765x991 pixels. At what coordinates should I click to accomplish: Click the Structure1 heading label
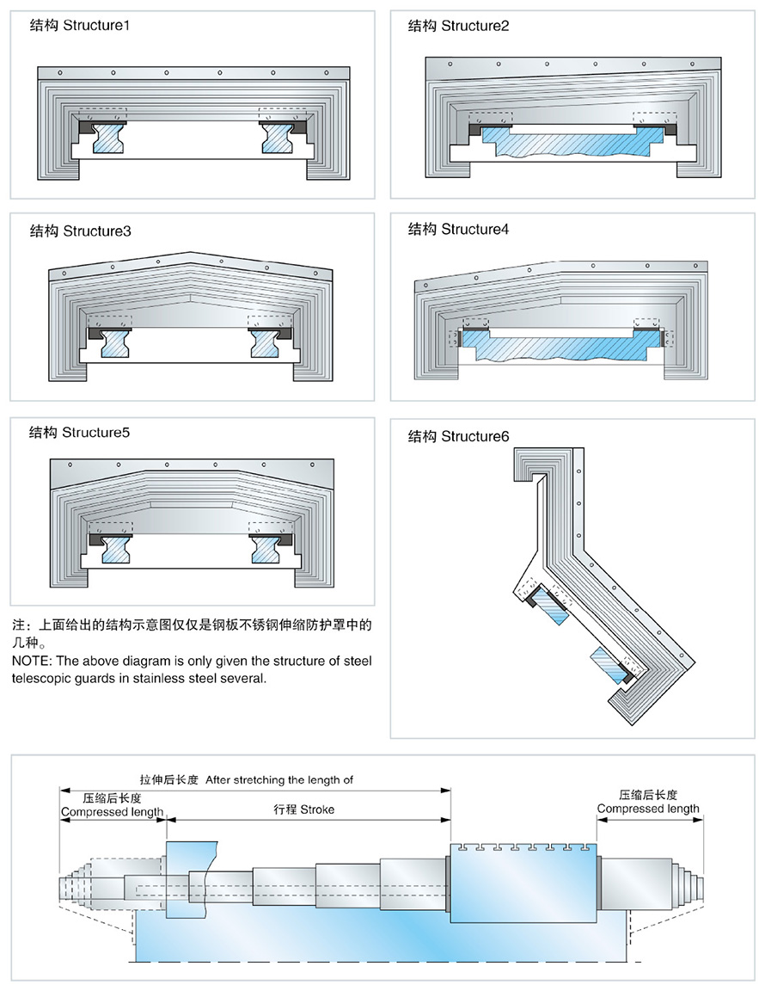click(x=81, y=25)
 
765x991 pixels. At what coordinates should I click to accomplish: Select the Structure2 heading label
click(x=459, y=26)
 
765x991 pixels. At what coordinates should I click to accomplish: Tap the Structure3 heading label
click(x=81, y=231)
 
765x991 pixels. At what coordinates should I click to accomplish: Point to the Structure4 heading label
click(x=459, y=229)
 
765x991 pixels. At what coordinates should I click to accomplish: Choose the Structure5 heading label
click(x=80, y=432)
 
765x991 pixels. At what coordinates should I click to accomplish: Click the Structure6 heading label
click(x=459, y=436)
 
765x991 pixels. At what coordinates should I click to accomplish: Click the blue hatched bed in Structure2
click(x=567, y=146)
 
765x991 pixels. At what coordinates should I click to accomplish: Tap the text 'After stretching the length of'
click(x=279, y=780)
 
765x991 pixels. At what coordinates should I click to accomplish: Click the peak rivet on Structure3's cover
click(x=190, y=257)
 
